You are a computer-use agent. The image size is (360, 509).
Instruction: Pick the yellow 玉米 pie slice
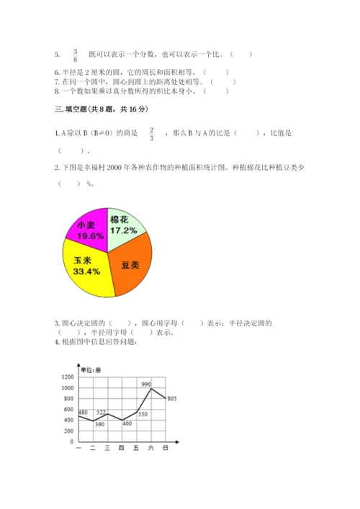pos(87,269)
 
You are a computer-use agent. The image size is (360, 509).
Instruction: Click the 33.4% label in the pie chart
pos(83,271)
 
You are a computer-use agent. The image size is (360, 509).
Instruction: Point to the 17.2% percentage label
pos(123,230)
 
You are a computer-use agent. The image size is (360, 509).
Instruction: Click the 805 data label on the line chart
pos(172,398)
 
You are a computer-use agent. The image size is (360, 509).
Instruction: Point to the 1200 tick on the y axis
pos(68,377)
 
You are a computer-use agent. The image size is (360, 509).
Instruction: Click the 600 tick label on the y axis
pos(69,409)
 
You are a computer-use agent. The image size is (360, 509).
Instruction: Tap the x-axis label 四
pos(122,449)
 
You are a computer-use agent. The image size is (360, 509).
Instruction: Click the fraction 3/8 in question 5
pos(75,55)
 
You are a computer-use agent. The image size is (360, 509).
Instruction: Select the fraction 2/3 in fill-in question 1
pos(152,134)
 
